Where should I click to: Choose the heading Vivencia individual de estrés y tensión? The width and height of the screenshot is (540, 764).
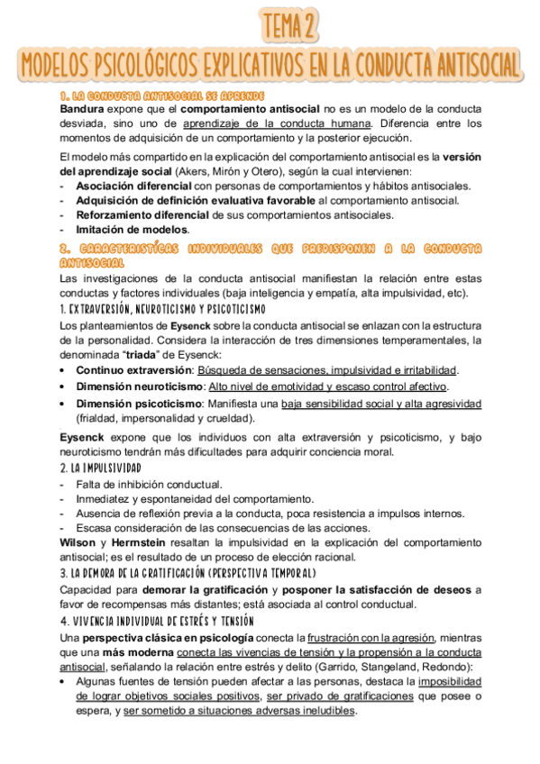[x=157, y=621]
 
